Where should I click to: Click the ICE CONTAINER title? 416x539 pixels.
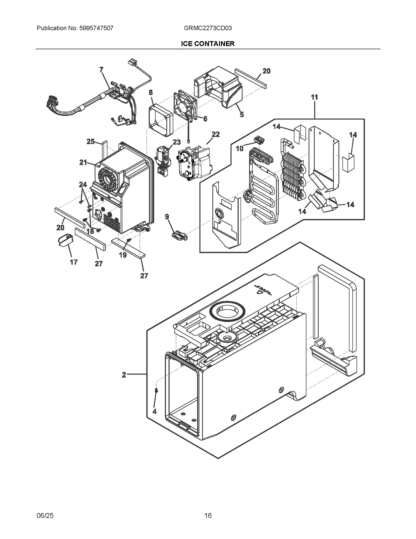point(208,44)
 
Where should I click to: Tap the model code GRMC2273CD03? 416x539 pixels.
point(208,28)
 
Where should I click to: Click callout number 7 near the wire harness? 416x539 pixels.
point(101,69)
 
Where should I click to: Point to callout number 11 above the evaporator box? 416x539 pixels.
point(314,97)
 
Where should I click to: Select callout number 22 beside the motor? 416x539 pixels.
point(216,134)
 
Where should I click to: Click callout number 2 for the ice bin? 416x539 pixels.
point(124,375)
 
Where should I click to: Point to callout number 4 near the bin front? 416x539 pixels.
point(154,411)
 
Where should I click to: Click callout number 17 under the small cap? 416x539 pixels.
point(74,262)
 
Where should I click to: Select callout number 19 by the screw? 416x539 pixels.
point(123,255)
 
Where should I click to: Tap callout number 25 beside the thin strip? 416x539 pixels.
point(90,142)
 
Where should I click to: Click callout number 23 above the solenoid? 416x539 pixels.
point(177,142)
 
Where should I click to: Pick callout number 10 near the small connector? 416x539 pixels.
point(239,148)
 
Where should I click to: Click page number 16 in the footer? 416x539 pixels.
point(208,515)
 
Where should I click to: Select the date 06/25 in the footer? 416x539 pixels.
point(45,515)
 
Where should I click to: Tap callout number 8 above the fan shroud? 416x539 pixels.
point(151,92)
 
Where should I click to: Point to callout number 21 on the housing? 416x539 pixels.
point(83,162)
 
